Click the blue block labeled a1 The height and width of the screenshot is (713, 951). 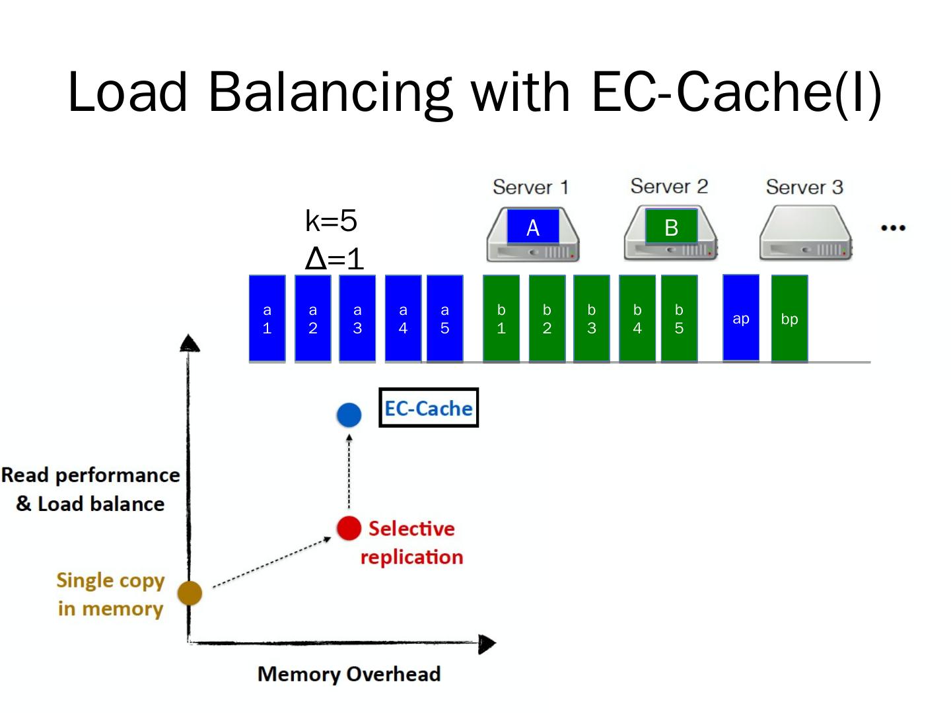coord(267,319)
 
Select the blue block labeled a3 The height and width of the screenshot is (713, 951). coord(357,319)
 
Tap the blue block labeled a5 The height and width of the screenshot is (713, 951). coord(444,319)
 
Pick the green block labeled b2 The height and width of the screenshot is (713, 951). coord(547,319)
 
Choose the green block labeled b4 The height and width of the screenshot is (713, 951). coord(637,319)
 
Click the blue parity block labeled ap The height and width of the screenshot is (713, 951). coord(741,319)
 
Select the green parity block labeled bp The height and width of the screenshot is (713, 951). coord(789,319)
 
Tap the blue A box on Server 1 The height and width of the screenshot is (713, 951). coord(533,227)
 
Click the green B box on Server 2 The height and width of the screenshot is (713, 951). coord(671,227)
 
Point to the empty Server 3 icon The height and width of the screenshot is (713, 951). coord(805,234)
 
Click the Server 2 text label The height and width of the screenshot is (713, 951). coord(668,186)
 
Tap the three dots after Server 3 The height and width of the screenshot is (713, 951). coord(893,228)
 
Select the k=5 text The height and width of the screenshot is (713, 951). coord(331,221)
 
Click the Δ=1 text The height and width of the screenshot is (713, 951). coord(334,258)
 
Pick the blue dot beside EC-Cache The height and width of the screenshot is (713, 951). coord(349,415)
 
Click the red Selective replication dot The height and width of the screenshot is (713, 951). coord(349,528)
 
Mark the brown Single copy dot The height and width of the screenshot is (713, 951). coord(190,593)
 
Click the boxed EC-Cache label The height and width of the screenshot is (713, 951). coord(428,408)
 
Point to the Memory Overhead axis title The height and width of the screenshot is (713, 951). coord(349,674)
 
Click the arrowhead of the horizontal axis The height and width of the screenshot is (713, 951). coord(487,644)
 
